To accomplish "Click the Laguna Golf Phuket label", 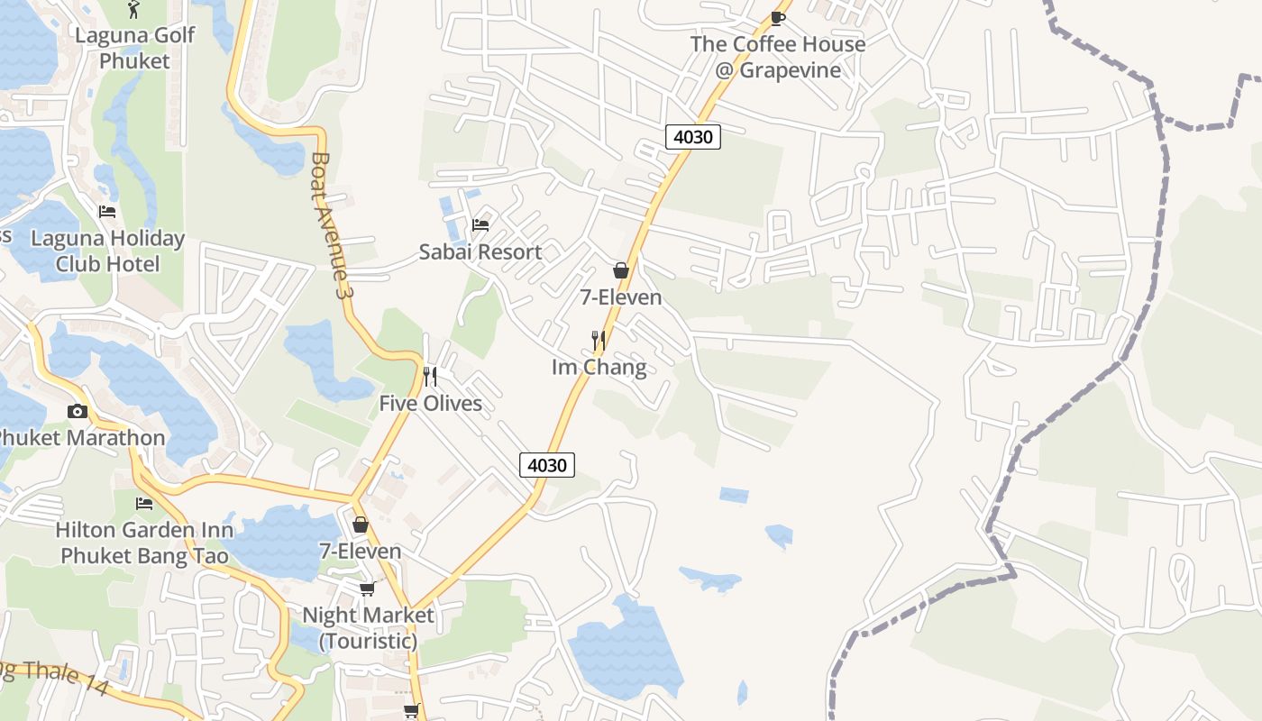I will pos(134,49).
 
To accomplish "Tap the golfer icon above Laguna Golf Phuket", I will pos(134,9).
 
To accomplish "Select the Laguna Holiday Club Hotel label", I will pos(107,251).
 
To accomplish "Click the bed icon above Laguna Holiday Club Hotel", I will pos(107,212).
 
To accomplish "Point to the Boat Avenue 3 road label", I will pos(329,225).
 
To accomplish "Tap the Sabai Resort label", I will pos(480,252).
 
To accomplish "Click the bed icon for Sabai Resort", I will pos(480,224).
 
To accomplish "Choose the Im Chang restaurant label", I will pos(599,367).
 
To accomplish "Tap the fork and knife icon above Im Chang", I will pos(598,340).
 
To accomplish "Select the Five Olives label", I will pos(430,403).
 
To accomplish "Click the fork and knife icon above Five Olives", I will pos(430,376).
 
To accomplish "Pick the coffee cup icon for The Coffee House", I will pos(778,17).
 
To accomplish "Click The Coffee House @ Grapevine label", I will pos(778,57).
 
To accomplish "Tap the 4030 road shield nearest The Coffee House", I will pos(693,137).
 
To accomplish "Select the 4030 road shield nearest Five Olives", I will pos(547,465).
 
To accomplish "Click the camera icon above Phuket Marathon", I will pos(78,412).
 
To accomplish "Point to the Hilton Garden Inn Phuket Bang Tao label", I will pos(144,543).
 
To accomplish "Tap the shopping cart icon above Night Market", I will pos(367,589).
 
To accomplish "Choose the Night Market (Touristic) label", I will pos(368,628).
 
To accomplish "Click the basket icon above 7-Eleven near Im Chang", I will pos(621,269).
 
